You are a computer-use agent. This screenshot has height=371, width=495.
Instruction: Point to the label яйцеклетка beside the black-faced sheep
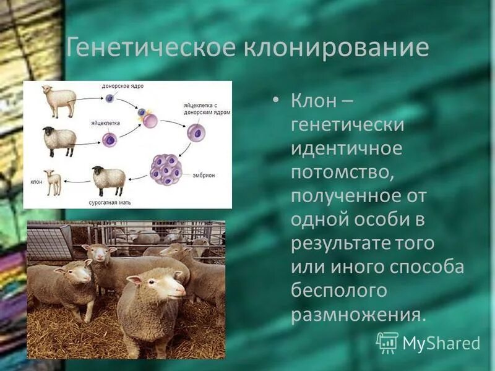105,123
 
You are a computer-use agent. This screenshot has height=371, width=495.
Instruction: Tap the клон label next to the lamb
36,182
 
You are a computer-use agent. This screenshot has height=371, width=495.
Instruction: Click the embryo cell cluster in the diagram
166,169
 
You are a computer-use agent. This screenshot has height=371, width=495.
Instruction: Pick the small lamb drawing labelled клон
54,182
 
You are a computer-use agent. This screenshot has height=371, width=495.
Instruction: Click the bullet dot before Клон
276,100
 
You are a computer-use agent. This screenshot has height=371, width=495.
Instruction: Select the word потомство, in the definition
343,173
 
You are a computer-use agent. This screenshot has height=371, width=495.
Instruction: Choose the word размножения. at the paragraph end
358,314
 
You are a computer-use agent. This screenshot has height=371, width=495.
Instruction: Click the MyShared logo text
441,342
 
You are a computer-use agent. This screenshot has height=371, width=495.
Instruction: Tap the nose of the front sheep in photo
180,291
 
